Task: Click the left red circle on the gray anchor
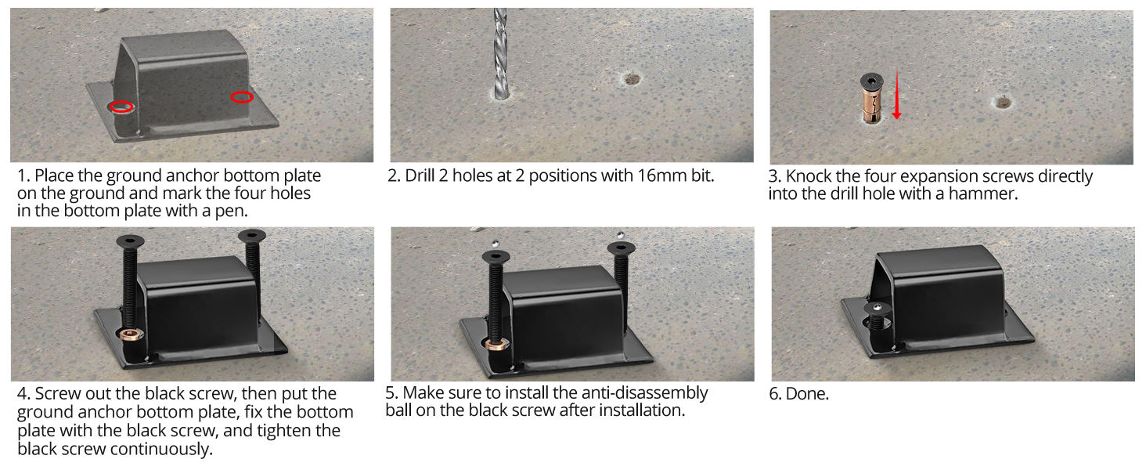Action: tap(121, 107)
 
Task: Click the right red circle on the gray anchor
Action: tap(242, 97)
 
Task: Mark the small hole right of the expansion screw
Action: tap(1003, 101)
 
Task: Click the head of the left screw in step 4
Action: tap(127, 241)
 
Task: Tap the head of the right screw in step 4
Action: tap(251, 234)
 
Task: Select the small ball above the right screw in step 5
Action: tap(620, 234)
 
